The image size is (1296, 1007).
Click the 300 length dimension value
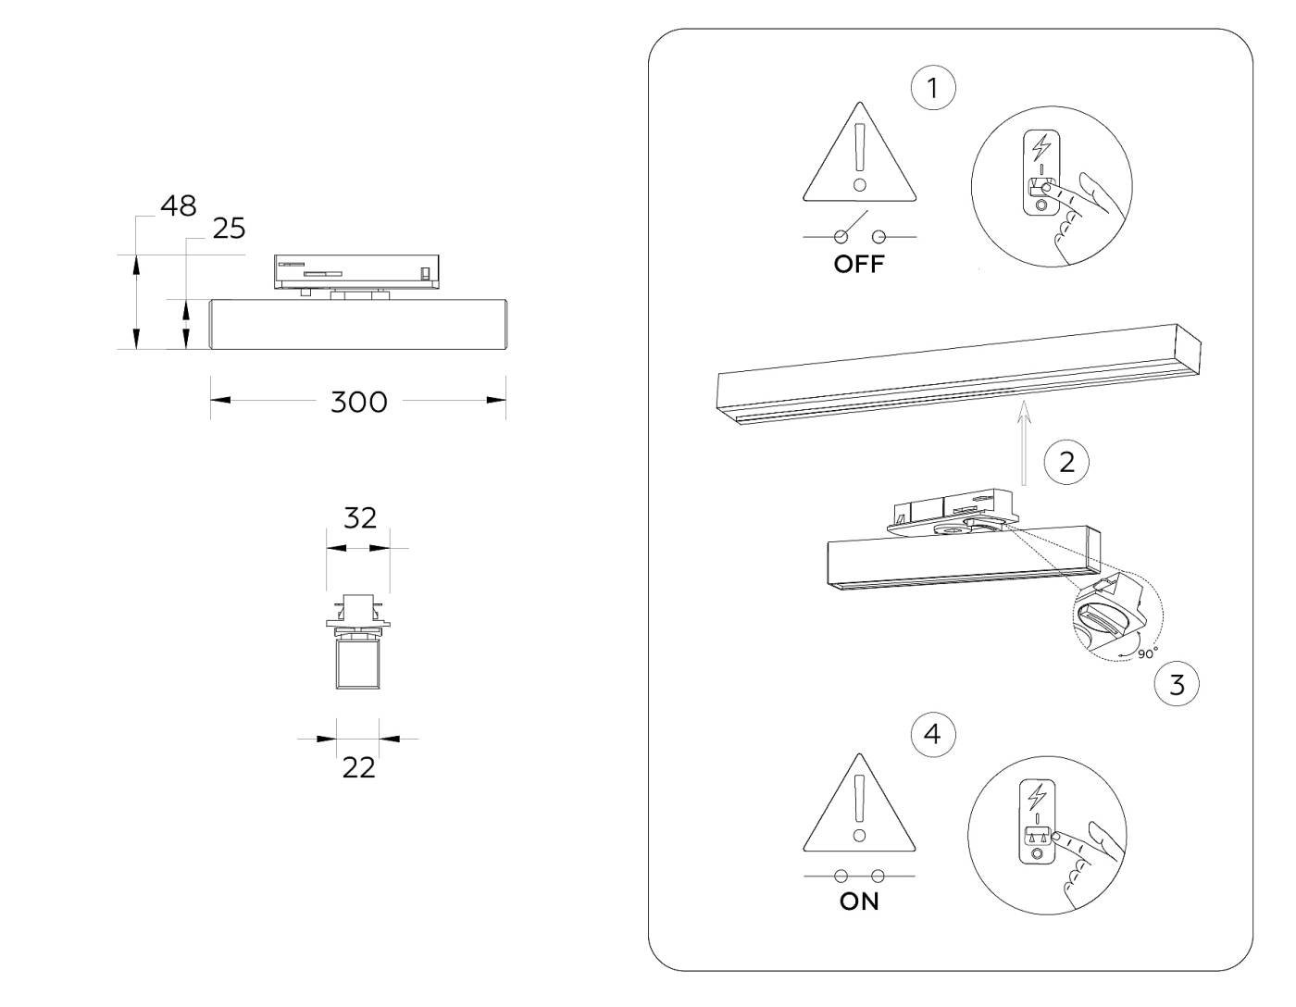pyautogui.click(x=359, y=402)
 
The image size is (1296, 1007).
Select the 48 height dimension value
pyautogui.click(x=178, y=205)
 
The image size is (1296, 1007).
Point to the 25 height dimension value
pyautogui.click(x=229, y=228)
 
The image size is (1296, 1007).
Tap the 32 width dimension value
pyautogui.click(x=359, y=518)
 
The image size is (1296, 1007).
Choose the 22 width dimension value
pyautogui.click(x=358, y=767)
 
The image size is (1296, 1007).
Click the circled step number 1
pyautogui.click(x=932, y=88)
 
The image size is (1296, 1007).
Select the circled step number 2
pyautogui.click(x=1066, y=461)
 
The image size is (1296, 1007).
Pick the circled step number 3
pyautogui.click(x=1177, y=685)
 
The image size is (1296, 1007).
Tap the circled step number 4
pyautogui.click(x=932, y=735)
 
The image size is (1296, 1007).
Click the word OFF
pyautogui.click(x=859, y=264)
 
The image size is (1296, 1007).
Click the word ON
pyautogui.click(x=859, y=901)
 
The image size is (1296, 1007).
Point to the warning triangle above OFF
pyautogui.click(x=860, y=157)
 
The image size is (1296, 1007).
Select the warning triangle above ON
pyautogui.click(x=860, y=807)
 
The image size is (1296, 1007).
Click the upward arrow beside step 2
pyautogui.click(x=1023, y=444)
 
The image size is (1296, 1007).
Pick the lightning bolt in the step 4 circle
pyautogui.click(x=1039, y=796)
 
